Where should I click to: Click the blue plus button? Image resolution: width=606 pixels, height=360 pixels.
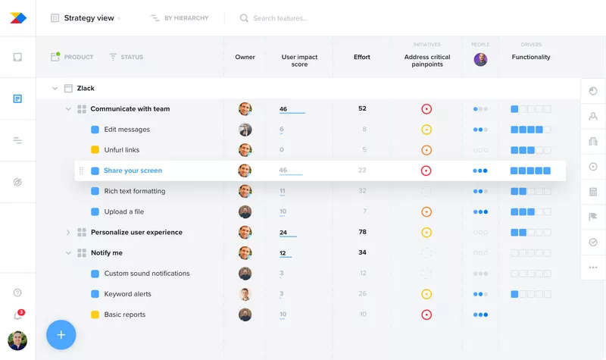(61, 334)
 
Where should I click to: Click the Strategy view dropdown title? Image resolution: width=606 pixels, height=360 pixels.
(89, 18)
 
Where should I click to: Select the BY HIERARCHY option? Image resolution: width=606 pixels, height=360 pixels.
(186, 18)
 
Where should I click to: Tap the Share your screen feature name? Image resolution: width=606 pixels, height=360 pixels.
(133, 171)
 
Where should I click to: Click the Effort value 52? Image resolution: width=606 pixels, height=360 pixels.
(362, 108)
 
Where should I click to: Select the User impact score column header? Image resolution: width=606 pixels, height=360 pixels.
(299, 61)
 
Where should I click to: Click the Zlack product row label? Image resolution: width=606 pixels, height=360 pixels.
(86, 89)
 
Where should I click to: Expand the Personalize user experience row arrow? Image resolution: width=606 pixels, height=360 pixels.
(67, 233)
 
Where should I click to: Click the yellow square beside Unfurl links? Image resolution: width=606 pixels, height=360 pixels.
(95, 150)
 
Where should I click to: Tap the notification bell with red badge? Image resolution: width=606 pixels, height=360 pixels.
(17, 315)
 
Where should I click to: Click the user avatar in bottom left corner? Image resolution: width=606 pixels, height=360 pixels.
(17, 341)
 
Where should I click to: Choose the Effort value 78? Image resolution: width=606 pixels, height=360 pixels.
(362, 232)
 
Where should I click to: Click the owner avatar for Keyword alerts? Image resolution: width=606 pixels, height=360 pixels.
(245, 294)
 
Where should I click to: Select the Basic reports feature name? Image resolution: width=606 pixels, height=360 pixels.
(125, 315)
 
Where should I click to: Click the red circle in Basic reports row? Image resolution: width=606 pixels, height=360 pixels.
(426, 315)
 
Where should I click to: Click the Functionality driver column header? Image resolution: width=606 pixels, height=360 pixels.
(531, 57)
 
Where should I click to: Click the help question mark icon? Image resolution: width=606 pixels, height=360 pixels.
(17, 293)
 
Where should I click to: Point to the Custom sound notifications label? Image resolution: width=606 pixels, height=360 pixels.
(147, 274)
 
